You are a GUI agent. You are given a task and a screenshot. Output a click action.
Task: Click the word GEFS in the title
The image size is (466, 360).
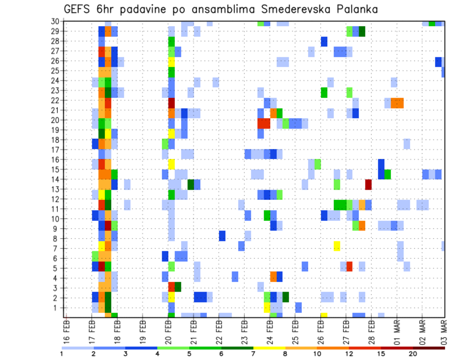(78, 10)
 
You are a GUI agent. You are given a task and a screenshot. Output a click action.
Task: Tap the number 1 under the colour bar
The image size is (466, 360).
(62, 354)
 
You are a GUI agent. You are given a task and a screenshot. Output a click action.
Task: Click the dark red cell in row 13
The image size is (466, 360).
(368, 184)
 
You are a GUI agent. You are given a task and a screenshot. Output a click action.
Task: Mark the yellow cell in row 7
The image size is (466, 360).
(337, 246)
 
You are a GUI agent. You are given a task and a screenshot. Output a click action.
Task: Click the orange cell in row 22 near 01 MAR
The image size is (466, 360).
(397, 103)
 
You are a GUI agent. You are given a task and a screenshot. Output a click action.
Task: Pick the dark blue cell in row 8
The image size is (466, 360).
(222, 236)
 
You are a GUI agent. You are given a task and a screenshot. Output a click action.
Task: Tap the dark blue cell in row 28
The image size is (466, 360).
(324, 41)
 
